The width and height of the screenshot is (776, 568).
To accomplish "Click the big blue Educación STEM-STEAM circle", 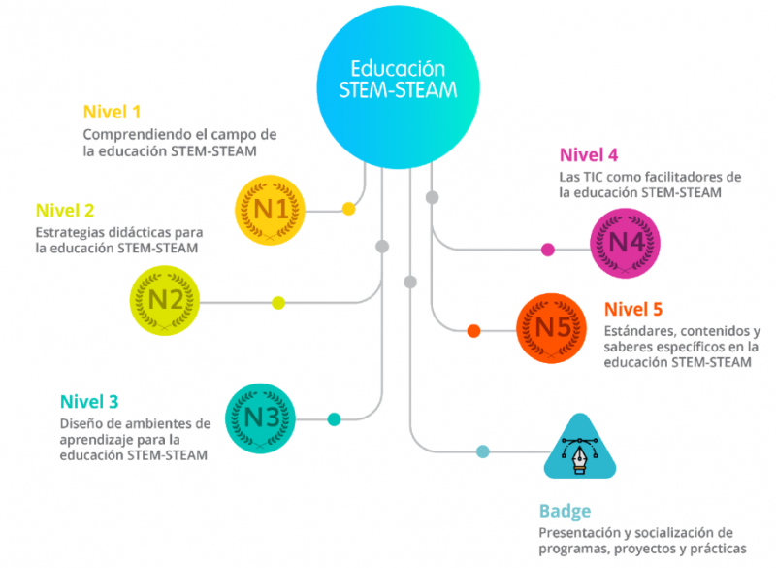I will (x=399, y=83).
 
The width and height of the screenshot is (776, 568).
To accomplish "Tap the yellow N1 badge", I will (x=271, y=209).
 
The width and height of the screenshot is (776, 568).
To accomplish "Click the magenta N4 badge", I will (x=626, y=243).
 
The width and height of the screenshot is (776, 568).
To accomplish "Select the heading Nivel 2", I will (x=65, y=210).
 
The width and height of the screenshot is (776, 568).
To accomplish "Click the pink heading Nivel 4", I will (x=588, y=155).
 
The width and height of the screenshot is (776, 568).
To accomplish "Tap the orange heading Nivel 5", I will (x=632, y=310).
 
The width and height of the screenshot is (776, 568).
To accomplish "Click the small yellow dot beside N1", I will (x=348, y=209).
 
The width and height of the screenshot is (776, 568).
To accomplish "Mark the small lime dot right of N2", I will (x=278, y=303).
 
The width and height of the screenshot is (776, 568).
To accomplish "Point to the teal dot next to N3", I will (x=334, y=419).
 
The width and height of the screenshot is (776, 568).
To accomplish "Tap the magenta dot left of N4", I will (x=548, y=250).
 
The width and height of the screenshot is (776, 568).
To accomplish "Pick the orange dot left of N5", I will (x=474, y=331).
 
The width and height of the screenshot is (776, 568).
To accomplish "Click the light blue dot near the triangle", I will (x=482, y=451).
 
